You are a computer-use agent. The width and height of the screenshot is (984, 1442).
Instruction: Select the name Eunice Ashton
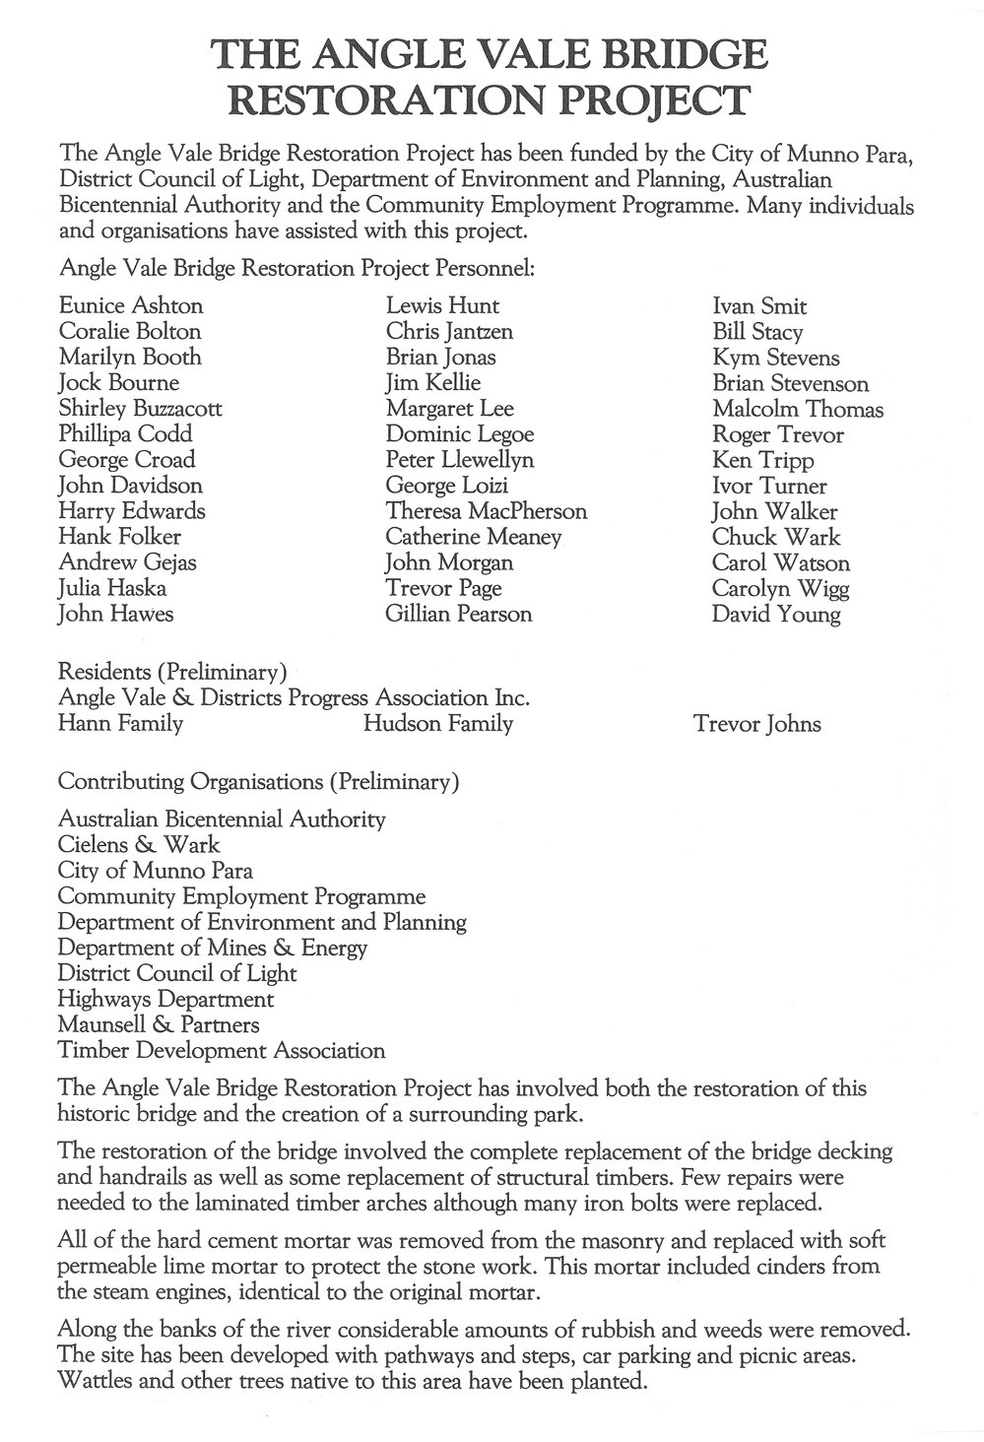click(131, 305)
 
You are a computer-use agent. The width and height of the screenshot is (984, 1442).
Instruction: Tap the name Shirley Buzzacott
click(140, 408)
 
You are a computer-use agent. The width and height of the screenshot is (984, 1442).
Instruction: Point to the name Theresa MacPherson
click(486, 511)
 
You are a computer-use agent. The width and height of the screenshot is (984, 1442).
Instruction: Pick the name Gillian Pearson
click(458, 614)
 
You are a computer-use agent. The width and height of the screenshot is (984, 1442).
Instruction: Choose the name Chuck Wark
click(776, 537)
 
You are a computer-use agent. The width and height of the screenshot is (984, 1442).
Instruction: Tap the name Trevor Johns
click(756, 725)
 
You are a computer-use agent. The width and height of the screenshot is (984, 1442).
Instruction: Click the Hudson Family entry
click(437, 724)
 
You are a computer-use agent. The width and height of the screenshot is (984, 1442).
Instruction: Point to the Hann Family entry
click(120, 724)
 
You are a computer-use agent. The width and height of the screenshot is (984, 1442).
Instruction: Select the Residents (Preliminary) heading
click(172, 673)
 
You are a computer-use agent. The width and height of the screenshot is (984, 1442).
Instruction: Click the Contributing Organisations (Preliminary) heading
click(258, 782)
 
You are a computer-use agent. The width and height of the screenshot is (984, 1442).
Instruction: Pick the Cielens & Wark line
click(139, 844)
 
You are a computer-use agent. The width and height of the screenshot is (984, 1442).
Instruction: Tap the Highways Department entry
click(165, 999)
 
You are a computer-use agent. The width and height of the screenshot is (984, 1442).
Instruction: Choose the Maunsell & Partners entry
click(159, 1024)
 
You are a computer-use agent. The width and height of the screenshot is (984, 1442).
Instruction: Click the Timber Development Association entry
click(222, 1050)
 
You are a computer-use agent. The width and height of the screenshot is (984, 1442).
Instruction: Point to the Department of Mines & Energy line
click(212, 948)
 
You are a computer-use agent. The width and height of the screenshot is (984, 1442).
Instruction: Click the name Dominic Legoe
click(459, 434)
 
